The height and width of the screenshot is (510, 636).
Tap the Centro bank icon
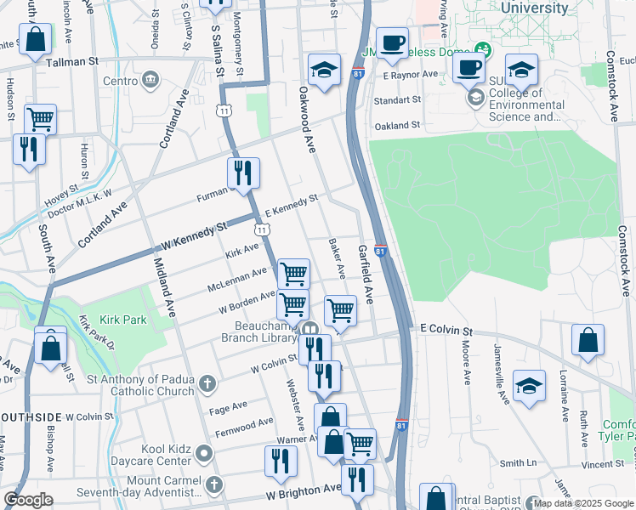click(x=151, y=81)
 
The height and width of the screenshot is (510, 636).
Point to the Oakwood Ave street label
click(x=306, y=119)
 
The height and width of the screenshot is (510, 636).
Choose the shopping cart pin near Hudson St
click(x=40, y=119)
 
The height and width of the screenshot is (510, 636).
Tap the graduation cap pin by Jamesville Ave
click(x=529, y=388)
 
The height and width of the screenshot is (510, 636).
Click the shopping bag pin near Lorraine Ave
click(x=588, y=341)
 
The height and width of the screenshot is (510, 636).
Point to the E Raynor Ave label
click(x=410, y=75)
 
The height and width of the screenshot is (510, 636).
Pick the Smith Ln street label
click(x=519, y=463)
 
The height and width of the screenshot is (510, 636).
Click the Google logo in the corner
click(x=28, y=500)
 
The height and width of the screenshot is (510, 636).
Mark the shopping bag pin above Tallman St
click(x=36, y=39)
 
